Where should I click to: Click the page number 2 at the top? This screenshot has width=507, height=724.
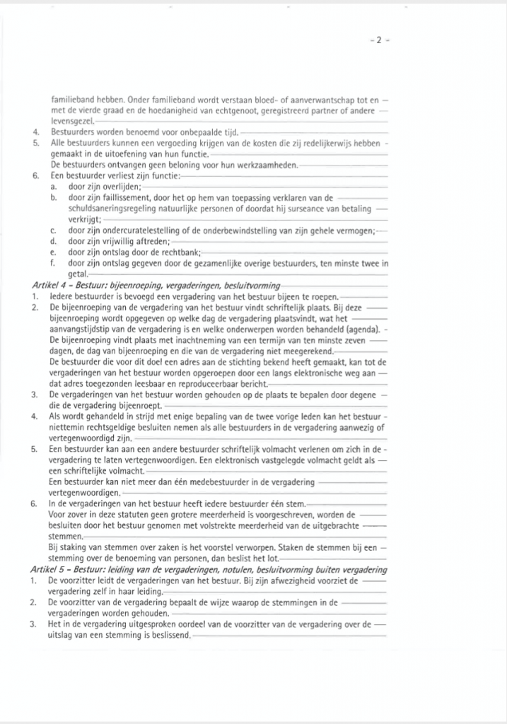coord(378,41)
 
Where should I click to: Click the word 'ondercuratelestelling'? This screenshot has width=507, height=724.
coord(139,230)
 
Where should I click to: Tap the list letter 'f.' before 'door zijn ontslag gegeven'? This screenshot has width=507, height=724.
coord(53,263)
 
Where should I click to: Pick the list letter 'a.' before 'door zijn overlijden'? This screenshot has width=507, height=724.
coord(53,187)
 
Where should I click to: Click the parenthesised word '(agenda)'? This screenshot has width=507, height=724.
coord(364,329)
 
